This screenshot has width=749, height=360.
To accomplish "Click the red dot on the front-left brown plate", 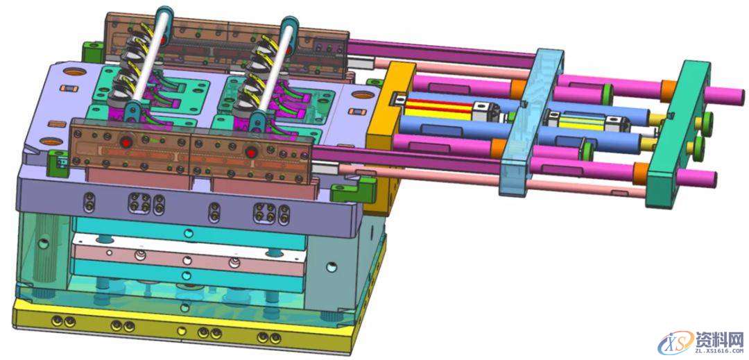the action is tap(127, 142).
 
